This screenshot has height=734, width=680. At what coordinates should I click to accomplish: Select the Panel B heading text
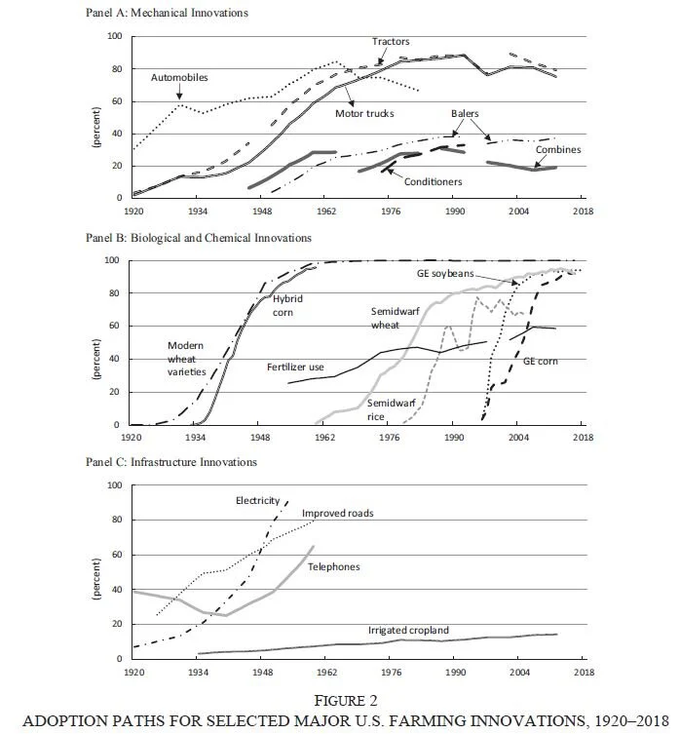(198, 238)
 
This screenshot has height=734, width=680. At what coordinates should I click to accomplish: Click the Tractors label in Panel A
(390, 42)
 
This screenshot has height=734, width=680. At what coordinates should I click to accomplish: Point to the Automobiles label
(179, 77)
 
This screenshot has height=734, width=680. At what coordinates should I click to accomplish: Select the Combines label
(557, 150)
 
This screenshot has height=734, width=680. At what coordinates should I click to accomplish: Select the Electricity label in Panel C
(258, 500)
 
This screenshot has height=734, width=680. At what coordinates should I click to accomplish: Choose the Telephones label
(333, 565)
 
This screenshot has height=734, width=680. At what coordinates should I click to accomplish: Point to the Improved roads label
(337, 513)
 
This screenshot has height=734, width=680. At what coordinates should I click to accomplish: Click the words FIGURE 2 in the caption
(339, 699)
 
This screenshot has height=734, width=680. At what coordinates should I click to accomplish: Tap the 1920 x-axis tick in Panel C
(133, 672)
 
